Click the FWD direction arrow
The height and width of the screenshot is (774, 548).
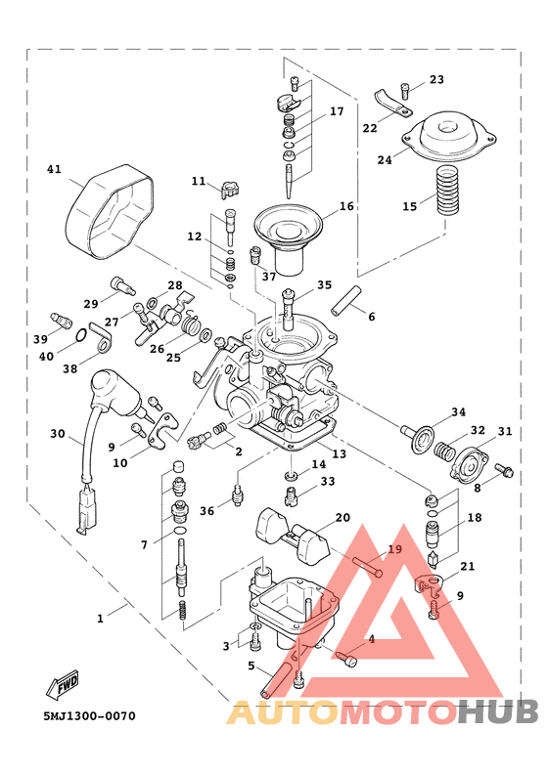[63, 684]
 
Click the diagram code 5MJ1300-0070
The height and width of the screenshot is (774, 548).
[89, 715]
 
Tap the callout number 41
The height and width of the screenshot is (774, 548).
[55, 169]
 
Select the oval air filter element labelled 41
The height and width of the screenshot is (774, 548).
[110, 212]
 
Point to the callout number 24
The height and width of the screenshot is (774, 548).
[385, 160]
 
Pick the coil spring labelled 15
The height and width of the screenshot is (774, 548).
[447, 191]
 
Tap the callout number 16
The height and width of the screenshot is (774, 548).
[346, 206]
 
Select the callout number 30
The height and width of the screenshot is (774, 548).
[58, 434]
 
